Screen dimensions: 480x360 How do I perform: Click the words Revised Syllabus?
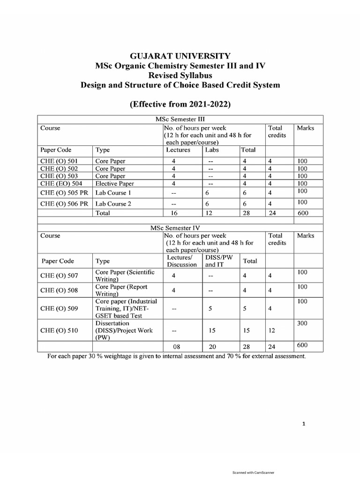pyautogui.click(x=180, y=75)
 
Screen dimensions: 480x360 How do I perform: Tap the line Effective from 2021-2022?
pyautogui.click(x=180, y=105)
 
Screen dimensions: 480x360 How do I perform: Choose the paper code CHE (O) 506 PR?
pyautogui.click(x=64, y=203)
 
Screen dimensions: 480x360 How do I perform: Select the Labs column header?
pyautogui.click(x=212, y=150)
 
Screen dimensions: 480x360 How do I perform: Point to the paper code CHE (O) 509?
pyautogui.click(x=60, y=308)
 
